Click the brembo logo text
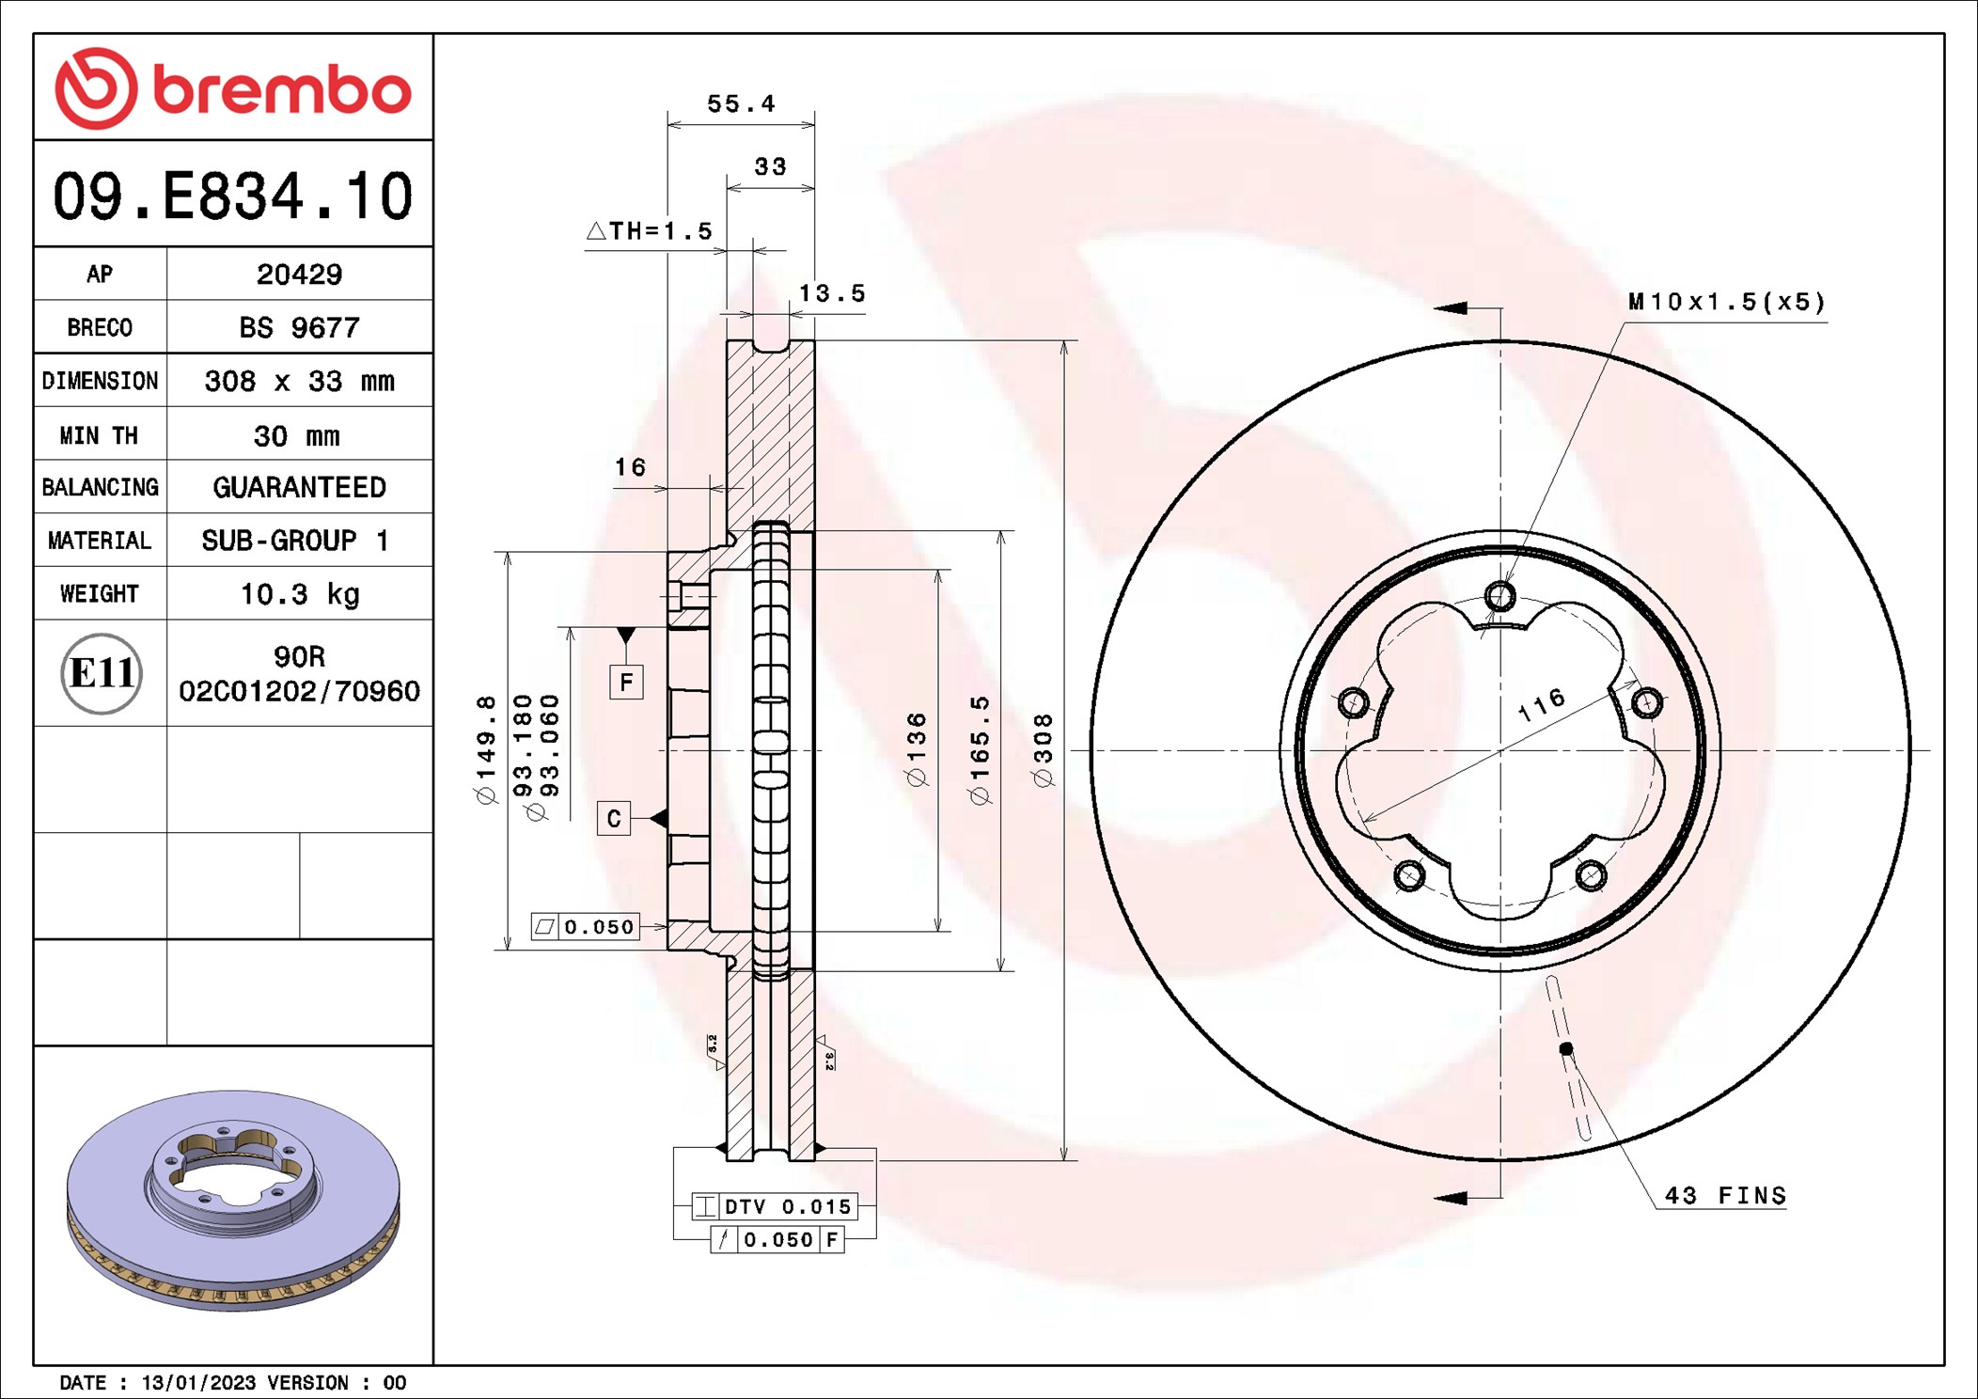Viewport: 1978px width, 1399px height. point(281,90)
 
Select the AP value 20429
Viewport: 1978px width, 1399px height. point(299,275)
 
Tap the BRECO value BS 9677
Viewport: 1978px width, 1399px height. point(299,328)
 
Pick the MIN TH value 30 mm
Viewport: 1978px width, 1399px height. point(296,436)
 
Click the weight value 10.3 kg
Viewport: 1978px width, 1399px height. point(299,594)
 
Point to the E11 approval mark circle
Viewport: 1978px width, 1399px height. point(102,673)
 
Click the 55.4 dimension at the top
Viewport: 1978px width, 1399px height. point(741,103)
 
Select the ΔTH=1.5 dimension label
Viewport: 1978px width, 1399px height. point(651,231)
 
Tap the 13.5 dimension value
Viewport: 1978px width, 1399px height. point(831,293)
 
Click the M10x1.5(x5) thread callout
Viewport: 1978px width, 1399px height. point(1726,302)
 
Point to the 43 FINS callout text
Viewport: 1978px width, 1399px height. point(1725,1196)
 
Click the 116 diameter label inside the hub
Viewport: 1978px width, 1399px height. point(1542,704)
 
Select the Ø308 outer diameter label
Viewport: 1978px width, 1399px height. point(1043,750)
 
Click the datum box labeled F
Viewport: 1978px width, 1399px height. point(626,682)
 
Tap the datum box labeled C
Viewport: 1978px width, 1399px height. point(613,818)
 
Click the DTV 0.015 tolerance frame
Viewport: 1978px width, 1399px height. point(775,1206)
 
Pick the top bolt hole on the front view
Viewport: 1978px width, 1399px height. point(1500,596)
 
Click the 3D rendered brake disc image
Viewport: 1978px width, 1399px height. point(233,1199)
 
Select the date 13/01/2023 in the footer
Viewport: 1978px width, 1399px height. point(197,1383)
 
